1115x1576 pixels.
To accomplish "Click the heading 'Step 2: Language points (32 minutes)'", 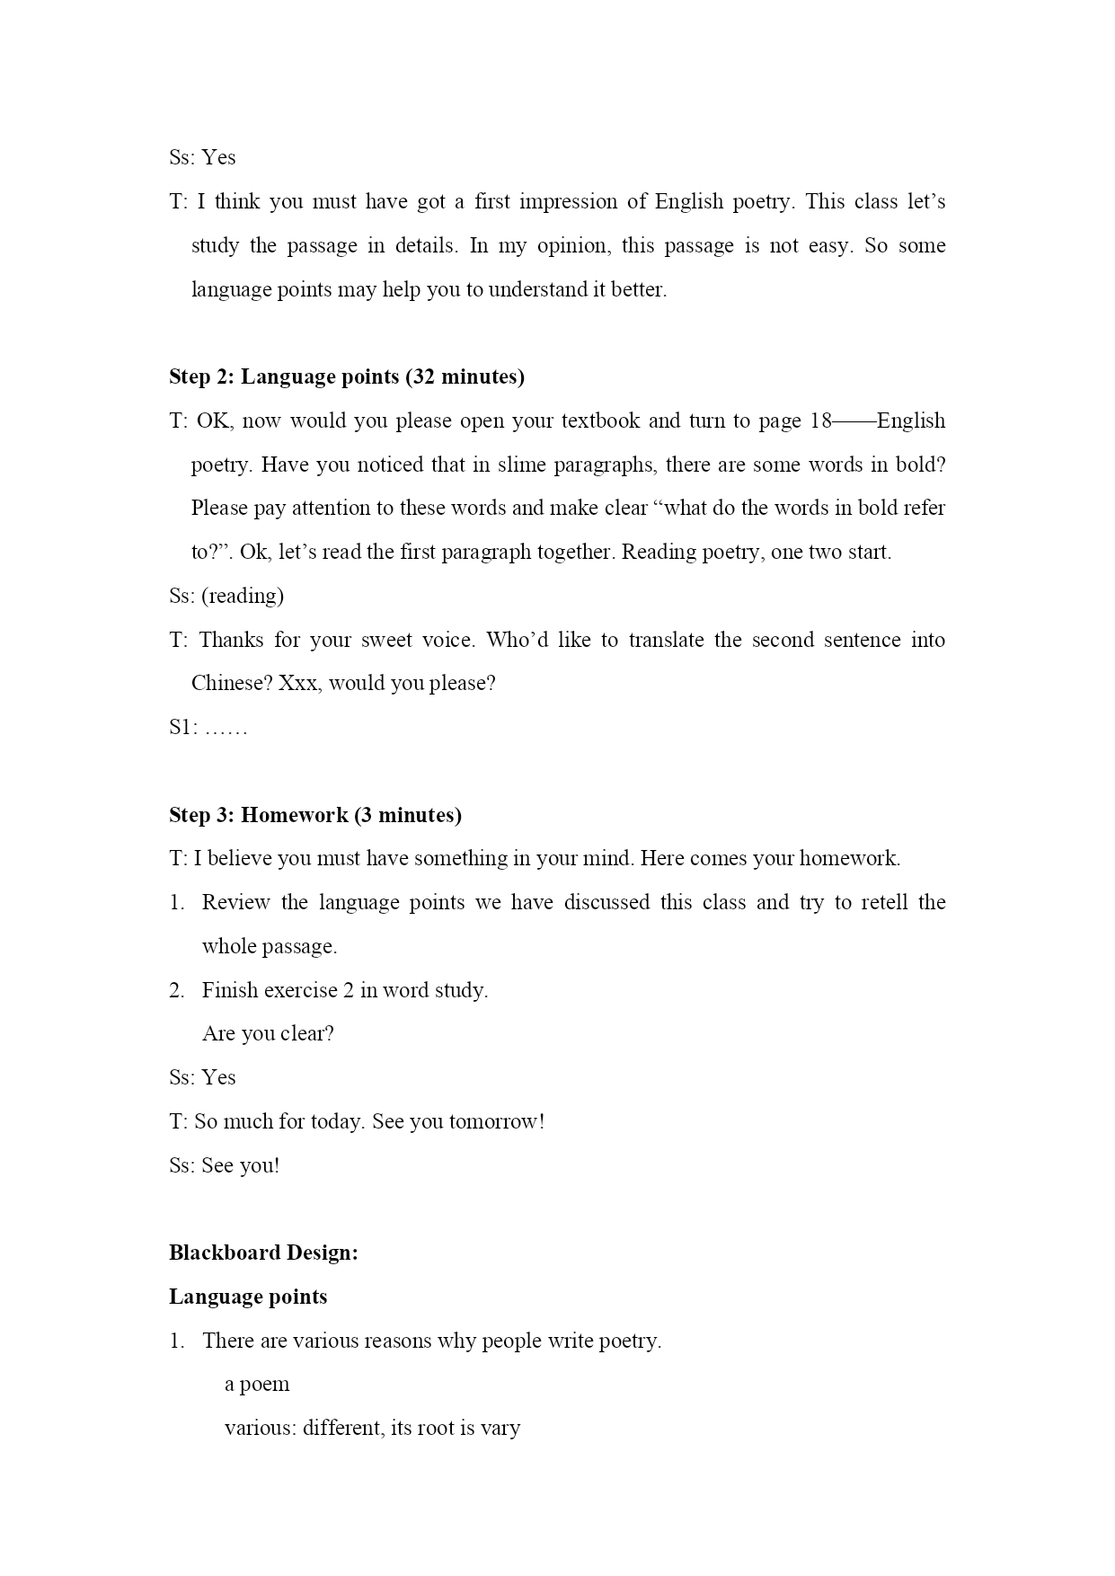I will pyautogui.click(x=346, y=376).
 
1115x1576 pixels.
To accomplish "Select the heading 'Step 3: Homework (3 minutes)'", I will pyautogui.click(x=314, y=815).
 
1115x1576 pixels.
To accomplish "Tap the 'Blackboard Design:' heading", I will pyautogui.click(x=263, y=1253).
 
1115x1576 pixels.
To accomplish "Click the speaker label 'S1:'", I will pyautogui.click(x=182, y=727).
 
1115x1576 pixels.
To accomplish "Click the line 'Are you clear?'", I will pyautogui.click(x=268, y=1033).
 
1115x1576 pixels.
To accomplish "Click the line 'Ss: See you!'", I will pyautogui.click(x=224, y=1165).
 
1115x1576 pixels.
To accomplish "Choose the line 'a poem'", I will pyautogui.click(x=257, y=1384).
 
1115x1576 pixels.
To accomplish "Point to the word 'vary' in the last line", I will pyautogui.click(x=500, y=1428).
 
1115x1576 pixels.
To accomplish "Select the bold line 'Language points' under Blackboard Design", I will pyautogui.click(x=248, y=1297).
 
